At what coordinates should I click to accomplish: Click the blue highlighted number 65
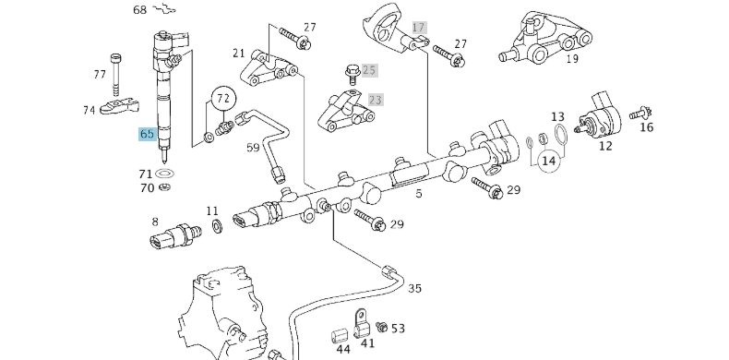[x=147, y=134]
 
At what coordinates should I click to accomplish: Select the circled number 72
[x=223, y=99]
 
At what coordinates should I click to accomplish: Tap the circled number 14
[x=549, y=161]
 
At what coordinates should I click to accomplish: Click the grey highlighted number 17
[x=419, y=28]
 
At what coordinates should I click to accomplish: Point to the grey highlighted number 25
[x=369, y=70]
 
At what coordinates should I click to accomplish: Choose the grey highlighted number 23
[x=376, y=100]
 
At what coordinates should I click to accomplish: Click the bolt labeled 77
[x=115, y=75]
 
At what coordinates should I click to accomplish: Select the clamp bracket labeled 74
[x=119, y=105]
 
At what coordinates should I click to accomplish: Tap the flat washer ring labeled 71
[x=164, y=174]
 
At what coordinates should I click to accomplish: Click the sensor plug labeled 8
[x=174, y=234]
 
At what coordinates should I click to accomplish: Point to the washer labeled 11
[x=217, y=226]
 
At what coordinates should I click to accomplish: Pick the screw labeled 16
[x=640, y=113]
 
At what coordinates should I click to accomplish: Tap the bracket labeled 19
[x=544, y=39]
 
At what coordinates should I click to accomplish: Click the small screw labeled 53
[x=382, y=327]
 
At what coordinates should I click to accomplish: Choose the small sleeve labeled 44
[x=340, y=336]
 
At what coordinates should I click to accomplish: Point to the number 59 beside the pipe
[x=253, y=148]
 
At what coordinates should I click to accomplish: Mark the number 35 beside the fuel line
[x=414, y=288]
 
